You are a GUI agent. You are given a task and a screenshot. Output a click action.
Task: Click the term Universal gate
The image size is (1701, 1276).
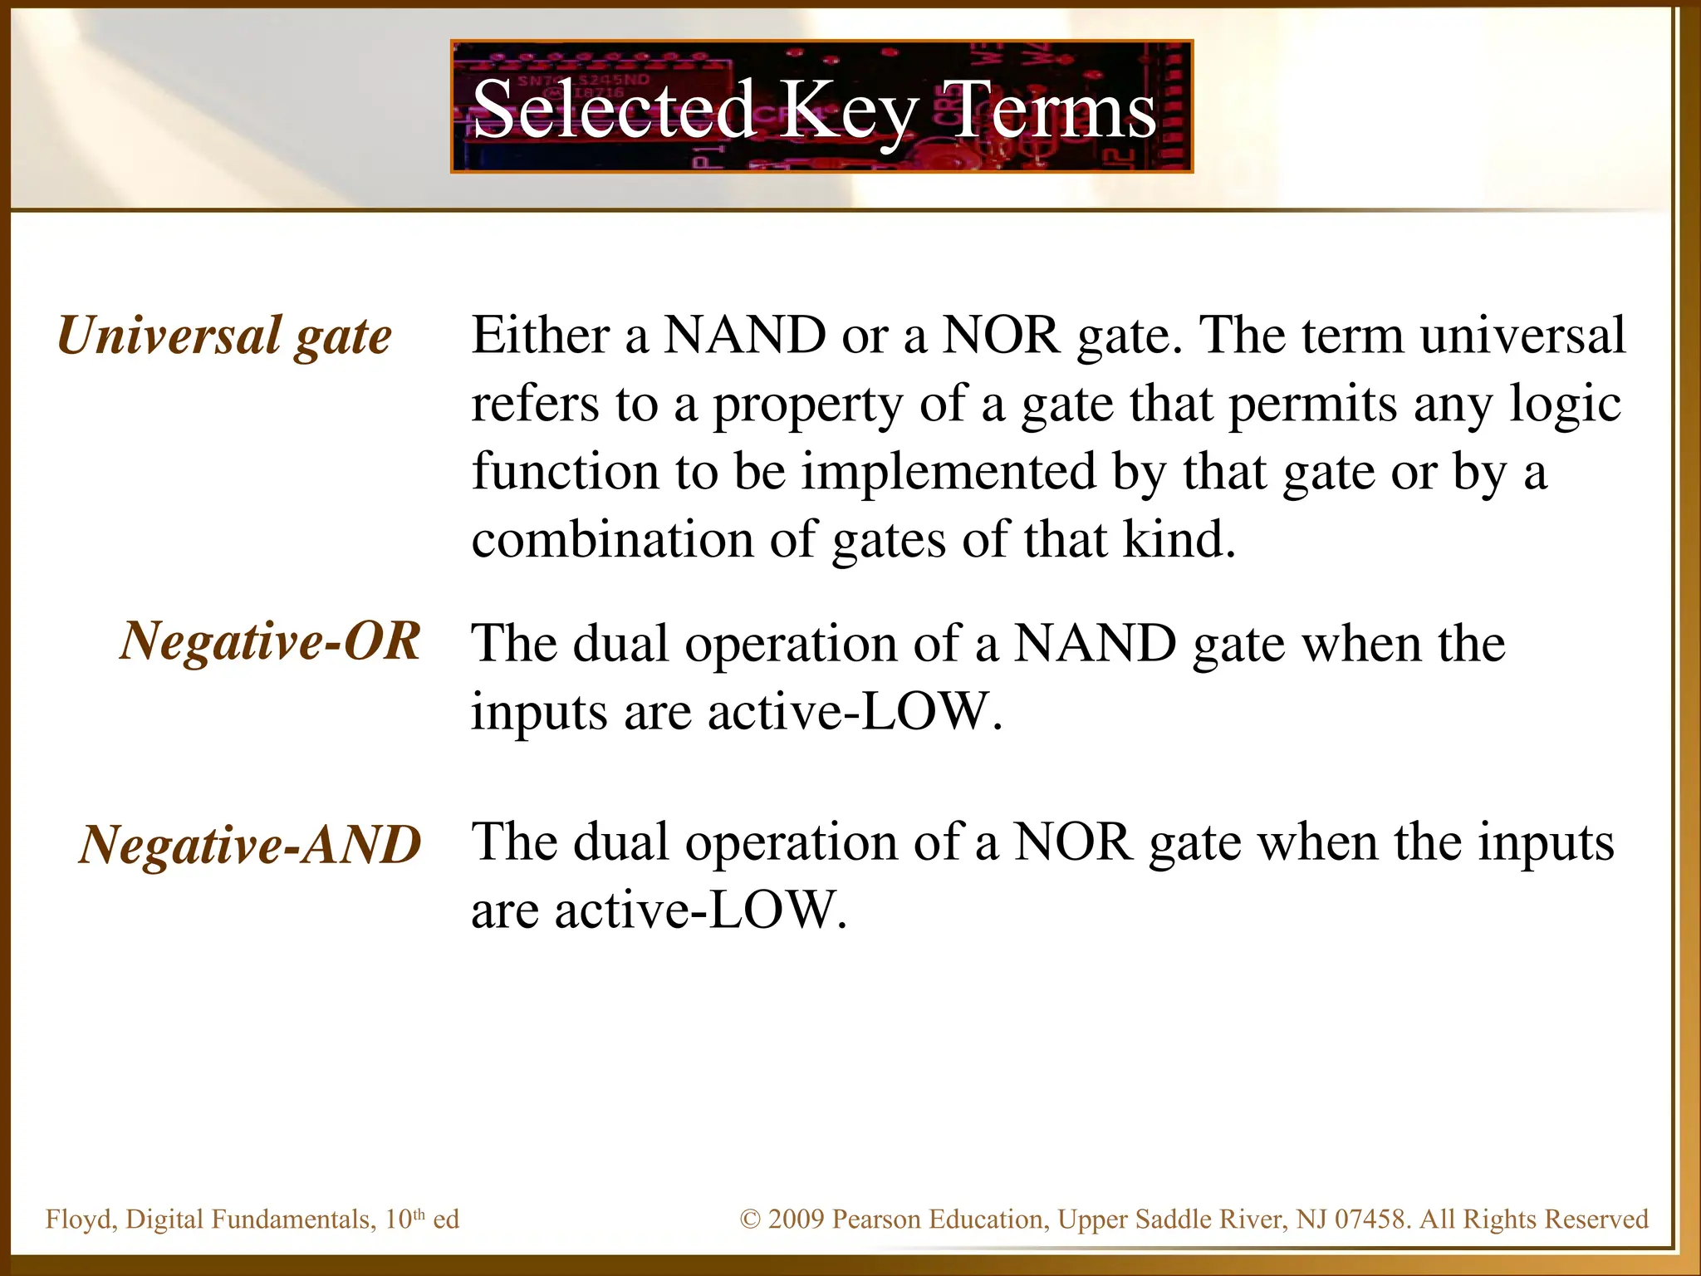coord(224,336)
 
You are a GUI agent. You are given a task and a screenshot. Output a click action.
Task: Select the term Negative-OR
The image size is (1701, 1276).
coord(270,641)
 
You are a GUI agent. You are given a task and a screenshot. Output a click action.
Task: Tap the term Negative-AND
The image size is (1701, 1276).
coord(250,844)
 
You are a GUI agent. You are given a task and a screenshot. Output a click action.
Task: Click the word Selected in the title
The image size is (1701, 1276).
coord(613,109)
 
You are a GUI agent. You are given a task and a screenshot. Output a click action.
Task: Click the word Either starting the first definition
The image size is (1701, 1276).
coord(541,336)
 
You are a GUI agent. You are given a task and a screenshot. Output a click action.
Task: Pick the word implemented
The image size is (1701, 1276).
coord(948,472)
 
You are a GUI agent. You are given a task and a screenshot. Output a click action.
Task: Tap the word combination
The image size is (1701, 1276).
coord(612,540)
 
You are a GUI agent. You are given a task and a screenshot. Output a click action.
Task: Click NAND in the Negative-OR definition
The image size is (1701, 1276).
coord(1095,643)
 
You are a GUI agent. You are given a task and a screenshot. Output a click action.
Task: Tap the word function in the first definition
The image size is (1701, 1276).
coord(566,472)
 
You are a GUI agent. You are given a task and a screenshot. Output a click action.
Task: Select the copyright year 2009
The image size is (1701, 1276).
coord(796,1220)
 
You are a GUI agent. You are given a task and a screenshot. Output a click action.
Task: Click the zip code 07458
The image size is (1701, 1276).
coord(1370,1220)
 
